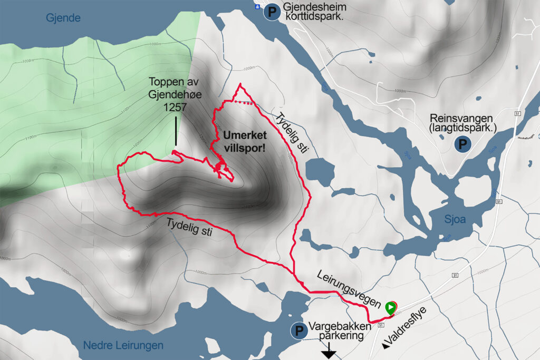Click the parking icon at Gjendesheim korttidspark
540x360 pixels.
coord(273,12)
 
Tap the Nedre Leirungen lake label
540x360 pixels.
coord(123,345)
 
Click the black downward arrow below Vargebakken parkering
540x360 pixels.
coord(330,352)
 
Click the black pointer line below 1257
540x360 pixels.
coord(176,131)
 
